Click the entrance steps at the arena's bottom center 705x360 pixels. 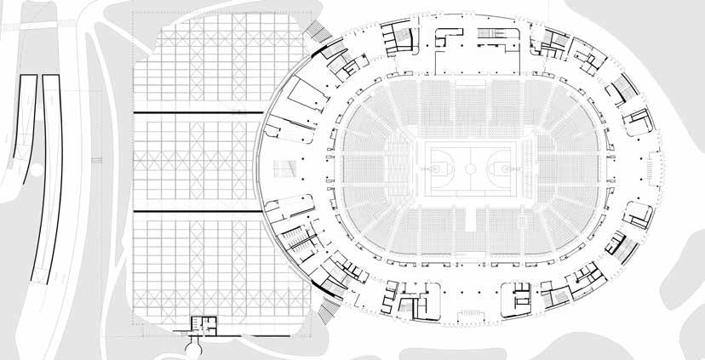click(471, 316)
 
